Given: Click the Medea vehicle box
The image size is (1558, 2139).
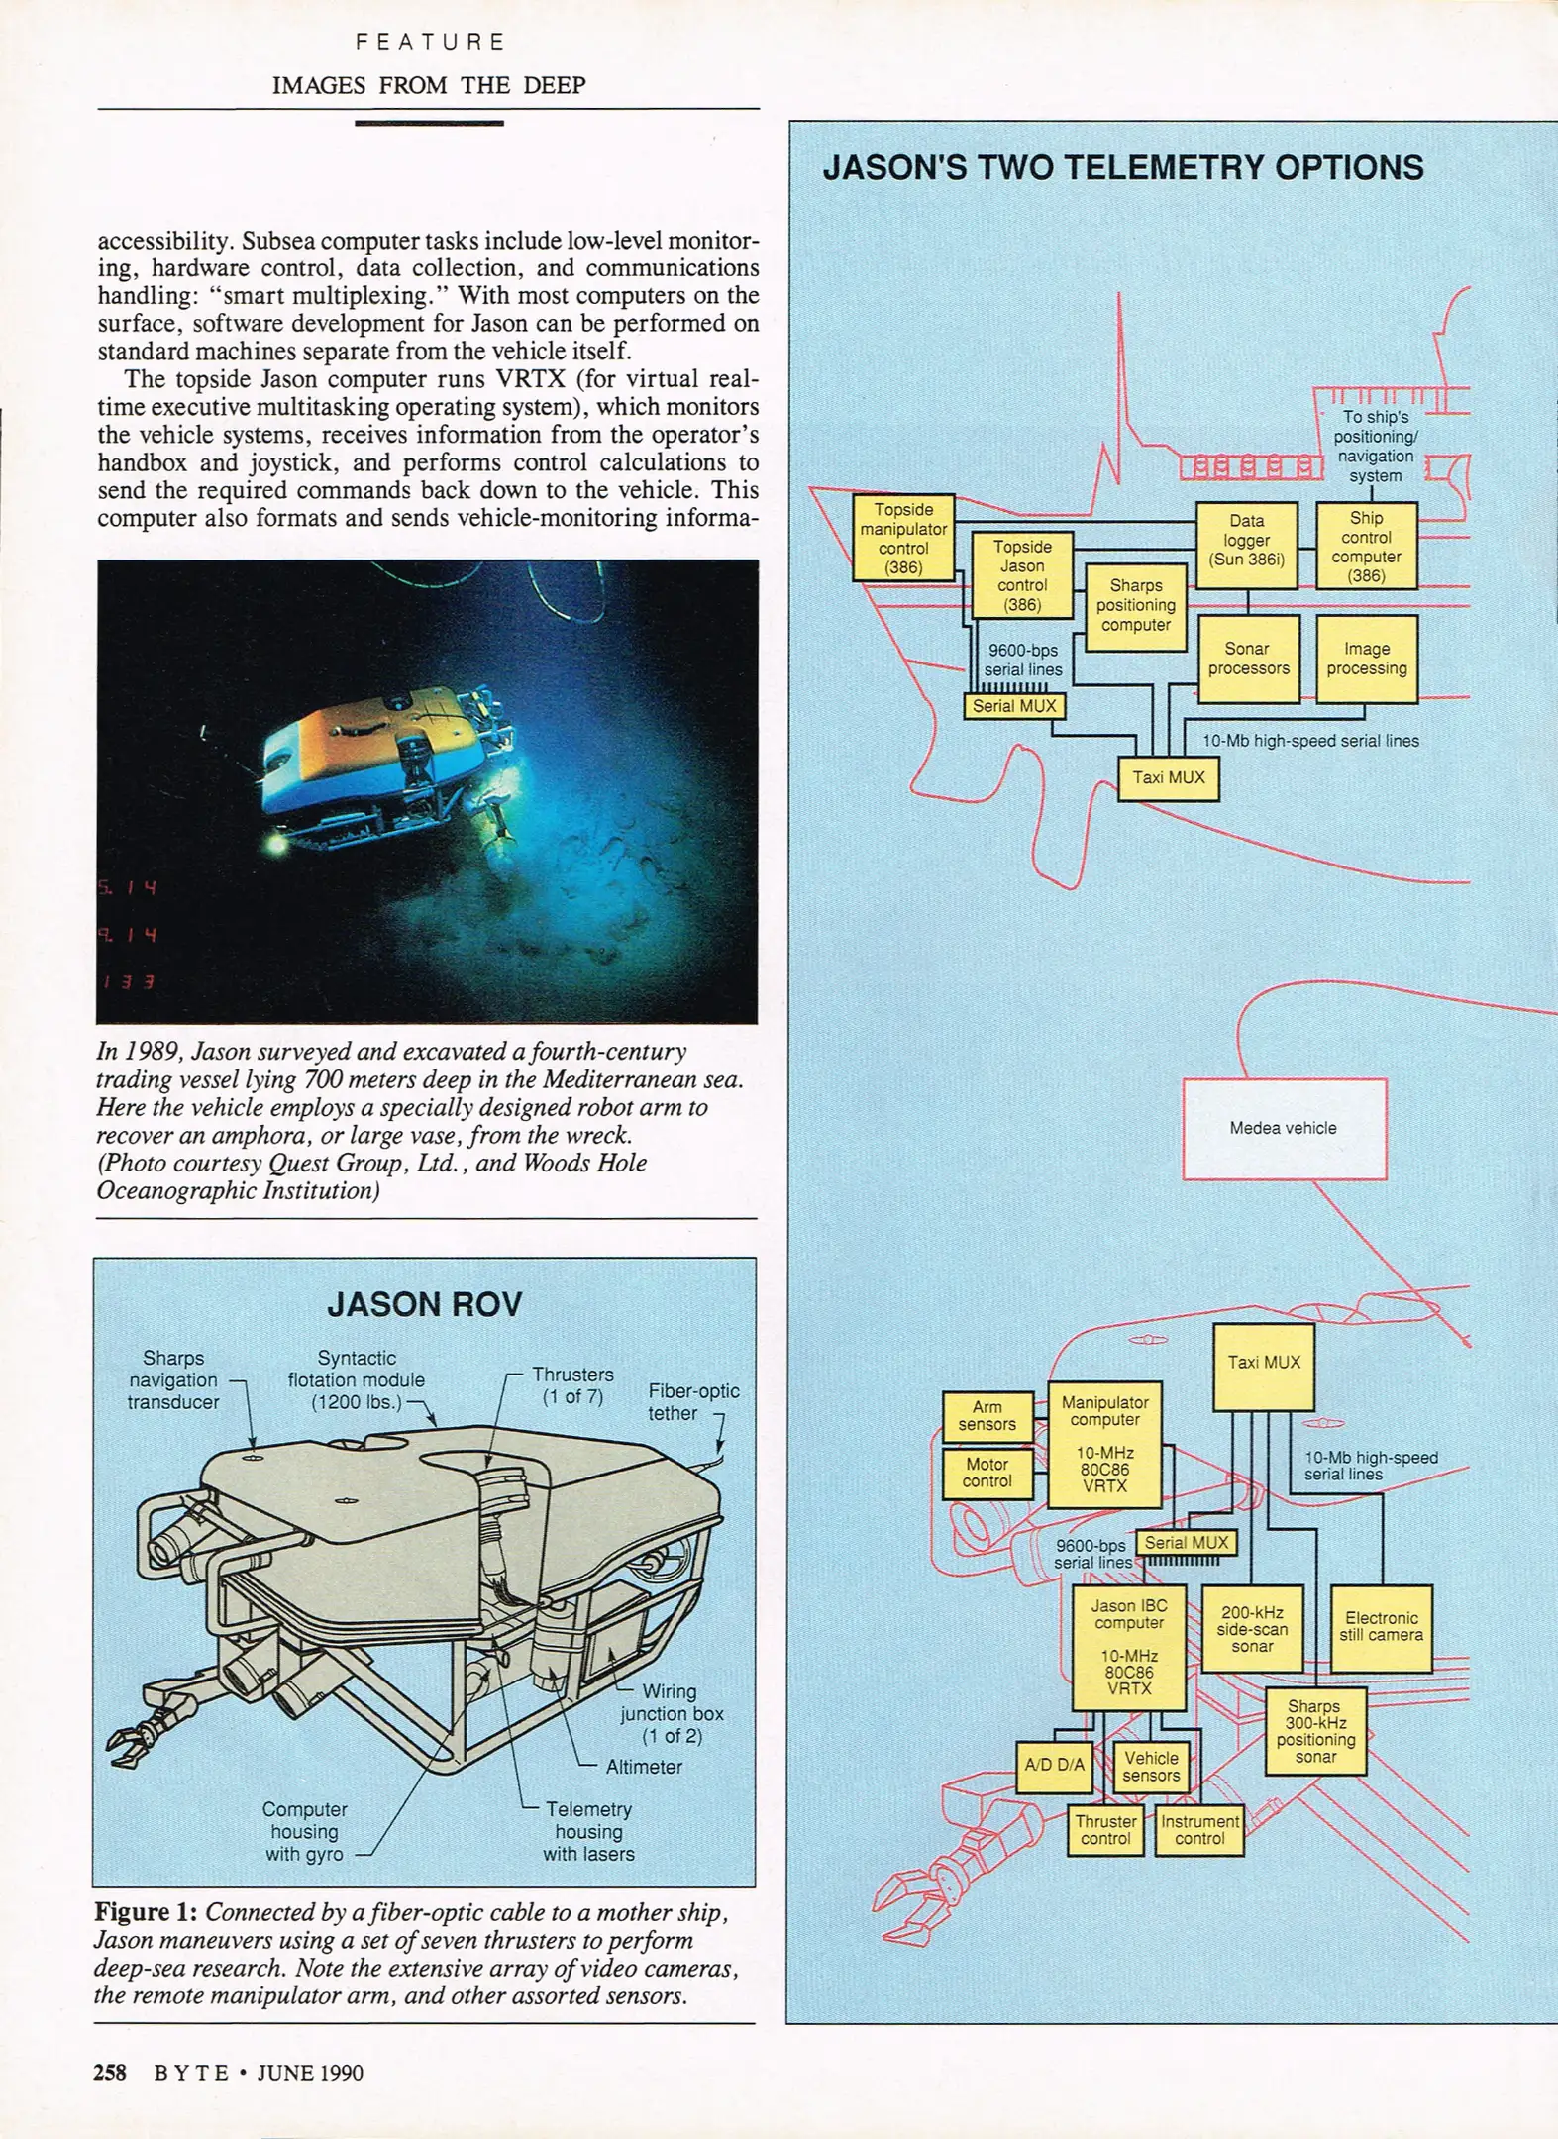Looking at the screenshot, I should click(1284, 1128).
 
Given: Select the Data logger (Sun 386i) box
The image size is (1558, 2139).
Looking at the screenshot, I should click(1246, 545).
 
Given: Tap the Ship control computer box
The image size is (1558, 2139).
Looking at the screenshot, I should click(1366, 546).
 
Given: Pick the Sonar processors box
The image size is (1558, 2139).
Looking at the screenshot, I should click(1248, 659).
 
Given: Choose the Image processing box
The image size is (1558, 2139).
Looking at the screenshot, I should click(1366, 659).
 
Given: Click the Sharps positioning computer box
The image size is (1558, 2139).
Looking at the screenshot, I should click(1135, 606).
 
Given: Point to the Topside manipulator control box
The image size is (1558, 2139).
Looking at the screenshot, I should click(903, 538).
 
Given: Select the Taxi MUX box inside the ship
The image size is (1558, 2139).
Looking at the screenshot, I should click(1168, 778).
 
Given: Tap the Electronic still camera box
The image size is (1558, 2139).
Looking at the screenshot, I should click(1381, 1628).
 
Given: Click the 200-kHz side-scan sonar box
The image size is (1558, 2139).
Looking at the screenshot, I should click(1252, 1629).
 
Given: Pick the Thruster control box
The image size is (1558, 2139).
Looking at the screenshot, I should click(1105, 1829).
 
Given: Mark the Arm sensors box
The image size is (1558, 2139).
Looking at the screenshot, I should click(987, 1415).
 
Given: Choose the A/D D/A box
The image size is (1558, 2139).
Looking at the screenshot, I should click(1054, 1765).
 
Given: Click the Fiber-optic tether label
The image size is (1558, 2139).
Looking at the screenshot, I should click(692, 1402).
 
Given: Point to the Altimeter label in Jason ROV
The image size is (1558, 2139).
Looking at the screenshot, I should click(644, 1766).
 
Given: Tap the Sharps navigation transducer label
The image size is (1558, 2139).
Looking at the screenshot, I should click(173, 1379).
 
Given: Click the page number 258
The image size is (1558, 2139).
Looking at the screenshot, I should click(110, 2072).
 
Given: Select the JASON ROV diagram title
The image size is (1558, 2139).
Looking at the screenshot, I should click(424, 1304).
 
